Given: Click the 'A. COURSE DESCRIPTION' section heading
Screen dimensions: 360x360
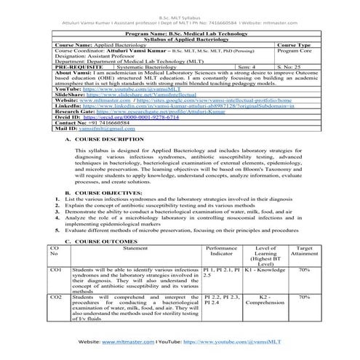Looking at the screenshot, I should (100, 138).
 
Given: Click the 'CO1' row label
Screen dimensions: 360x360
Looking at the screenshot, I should (55, 289).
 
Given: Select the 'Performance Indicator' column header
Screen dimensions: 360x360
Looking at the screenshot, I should (221, 271).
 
